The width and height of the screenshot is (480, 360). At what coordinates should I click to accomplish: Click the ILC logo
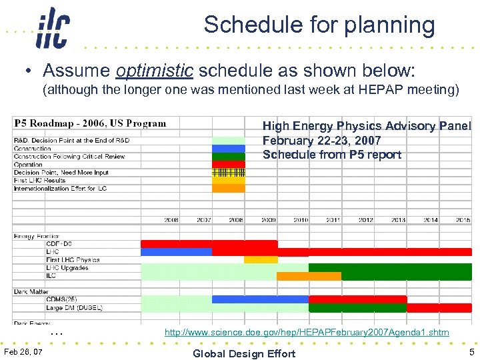(x=53, y=28)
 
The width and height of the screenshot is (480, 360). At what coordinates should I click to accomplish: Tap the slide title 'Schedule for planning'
(x=319, y=25)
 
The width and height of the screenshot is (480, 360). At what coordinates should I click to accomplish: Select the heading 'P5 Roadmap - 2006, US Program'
(x=91, y=123)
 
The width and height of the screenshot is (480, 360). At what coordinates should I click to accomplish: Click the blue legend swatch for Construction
(x=229, y=149)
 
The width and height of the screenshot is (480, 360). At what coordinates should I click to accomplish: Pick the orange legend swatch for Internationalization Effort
(x=229, y=188)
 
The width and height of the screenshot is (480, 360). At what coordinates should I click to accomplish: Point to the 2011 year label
(x=333, y=219)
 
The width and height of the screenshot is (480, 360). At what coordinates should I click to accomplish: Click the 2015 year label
(x=463, y=219)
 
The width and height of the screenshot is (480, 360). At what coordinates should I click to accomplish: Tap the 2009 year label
(x=268, y=219)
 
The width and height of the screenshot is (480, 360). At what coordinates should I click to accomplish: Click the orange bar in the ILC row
(x=308, y=276)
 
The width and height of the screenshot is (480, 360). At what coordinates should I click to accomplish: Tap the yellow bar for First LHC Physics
(x=261, y=260)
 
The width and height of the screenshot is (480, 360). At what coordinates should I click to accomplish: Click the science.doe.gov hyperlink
(x=307, y=332)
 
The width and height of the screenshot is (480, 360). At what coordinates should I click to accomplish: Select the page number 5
(x=471, y=352)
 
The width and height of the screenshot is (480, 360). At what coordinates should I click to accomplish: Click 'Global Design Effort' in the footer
(x=243, y=353)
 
